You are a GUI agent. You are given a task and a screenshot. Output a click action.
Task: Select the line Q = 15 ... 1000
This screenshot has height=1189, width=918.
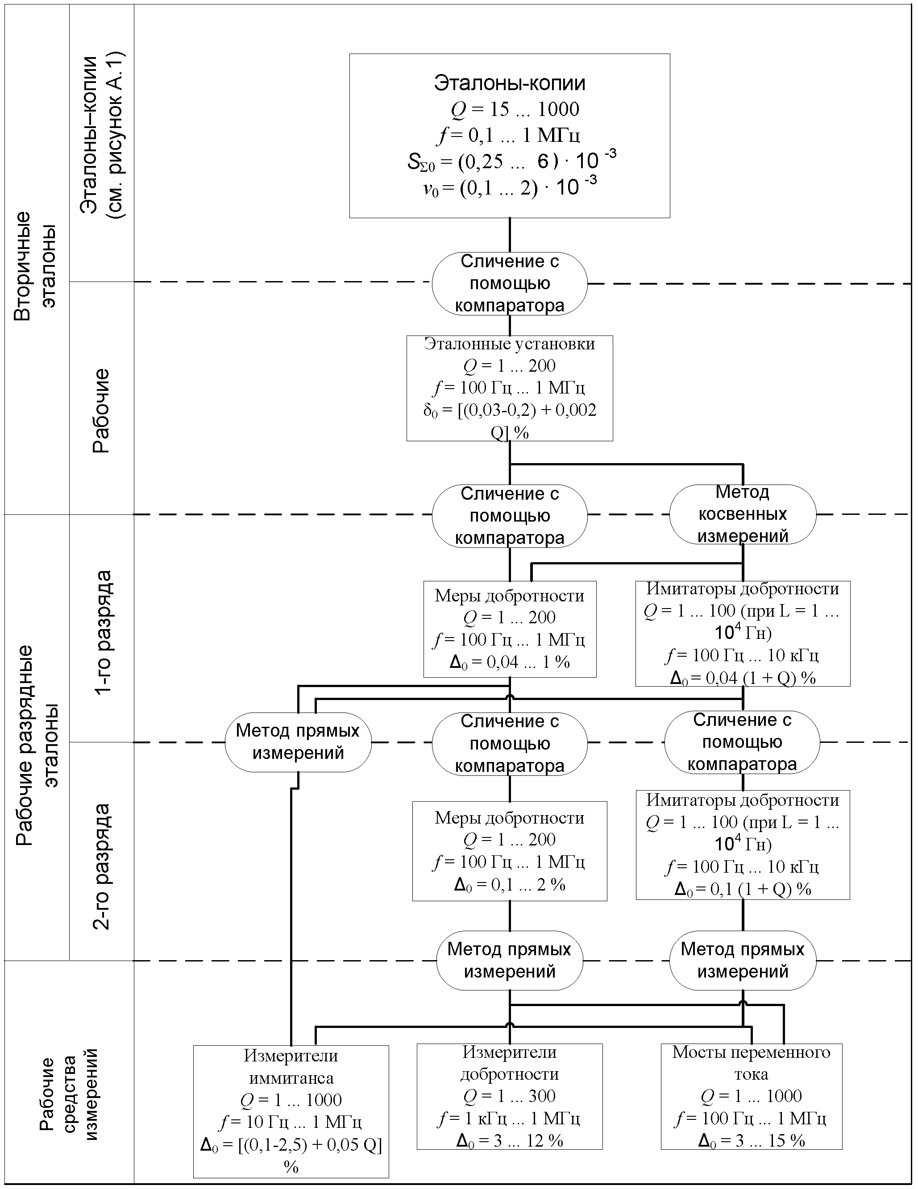click(x=515, y=109)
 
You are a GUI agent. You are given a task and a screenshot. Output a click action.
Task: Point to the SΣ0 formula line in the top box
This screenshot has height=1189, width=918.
click(x=511, y=161)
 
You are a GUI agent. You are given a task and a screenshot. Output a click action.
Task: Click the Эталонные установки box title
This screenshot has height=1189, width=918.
click(x=509, y=344)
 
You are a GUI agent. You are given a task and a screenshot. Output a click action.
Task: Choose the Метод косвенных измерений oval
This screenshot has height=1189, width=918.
click(x=742, y=514)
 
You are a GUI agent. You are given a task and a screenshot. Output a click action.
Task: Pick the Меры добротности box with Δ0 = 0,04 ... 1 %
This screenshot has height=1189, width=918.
click(x=510, y=629)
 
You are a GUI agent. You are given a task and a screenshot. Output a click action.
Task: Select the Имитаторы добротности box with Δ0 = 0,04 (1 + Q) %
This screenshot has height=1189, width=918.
click(x=742, y=633)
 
